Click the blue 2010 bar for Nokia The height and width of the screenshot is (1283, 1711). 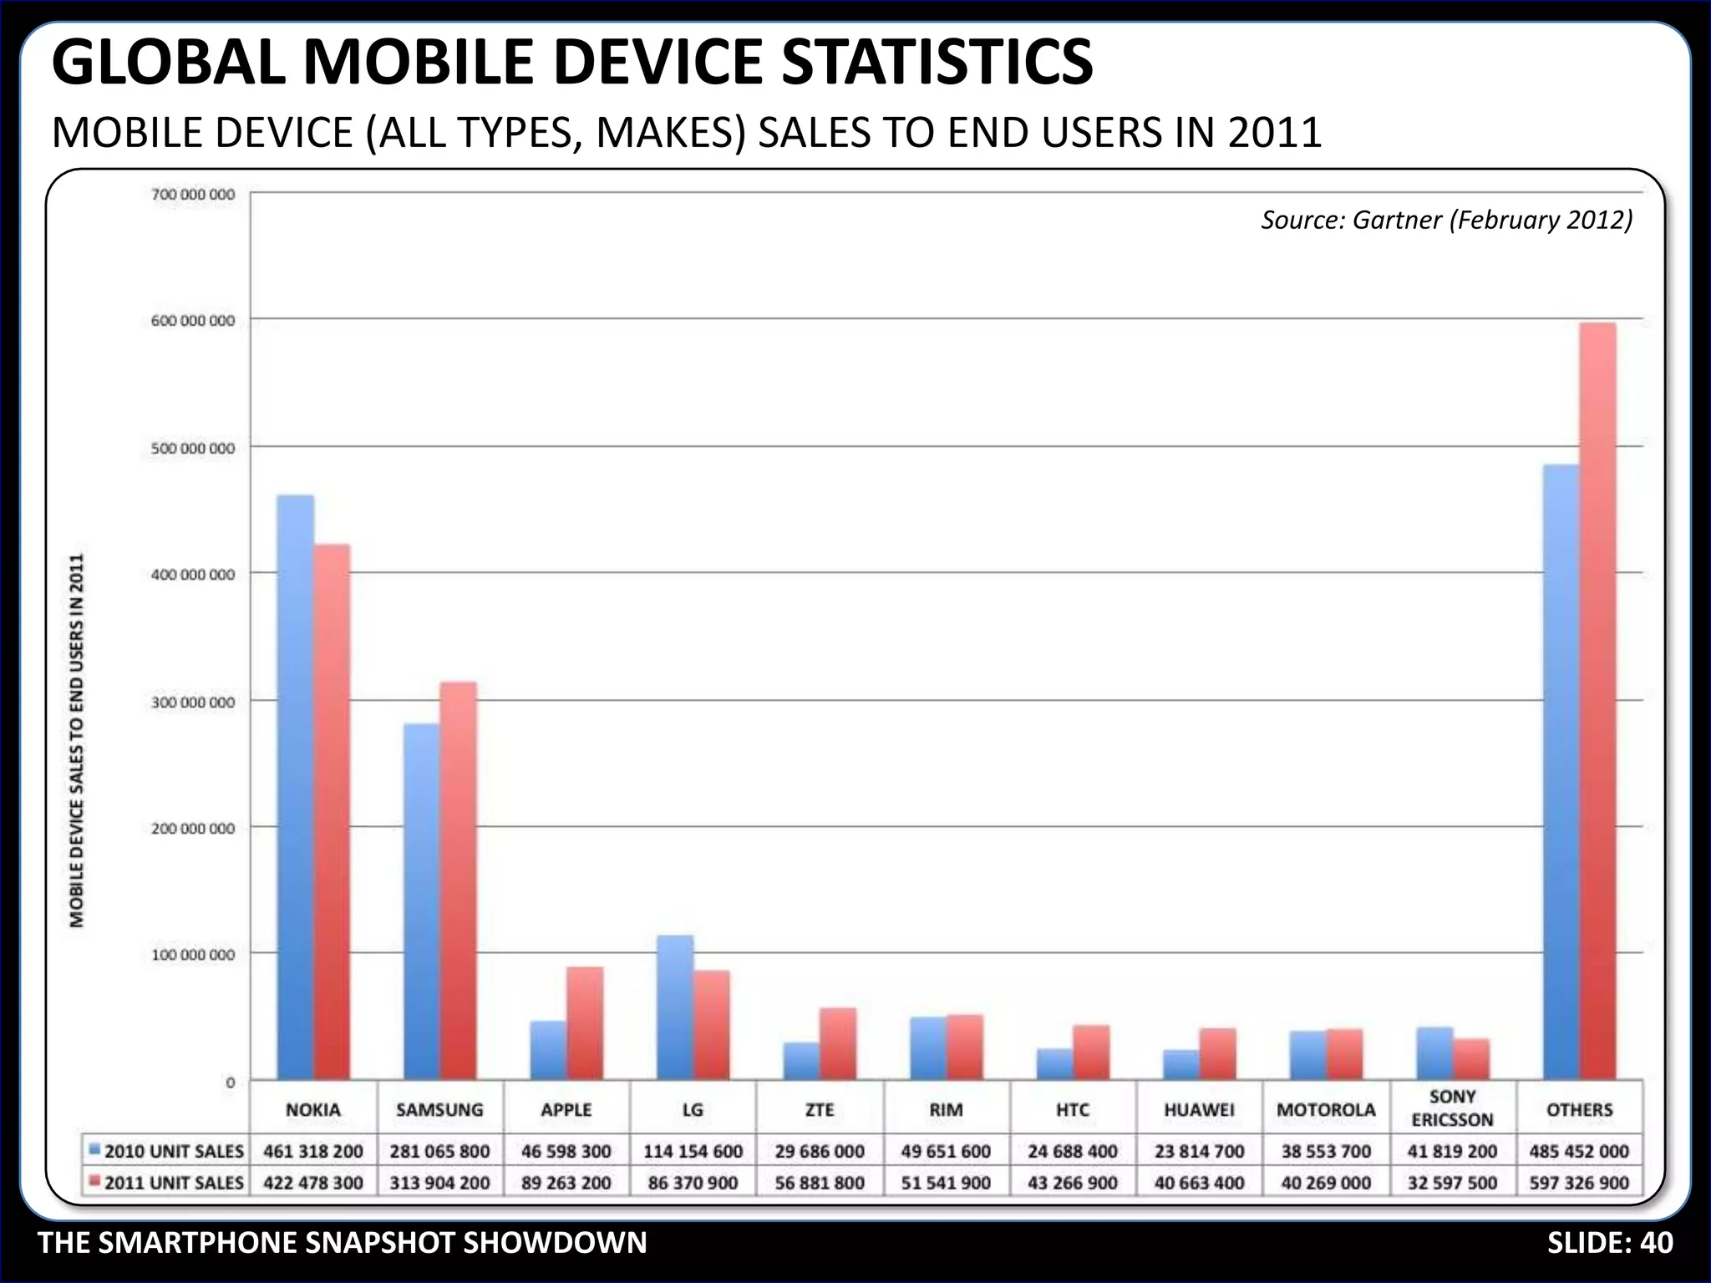click(x=295, y=785)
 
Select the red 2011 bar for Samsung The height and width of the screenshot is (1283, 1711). click(x=458, y=881)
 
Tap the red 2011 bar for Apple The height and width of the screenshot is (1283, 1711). click(x=585, y=1023)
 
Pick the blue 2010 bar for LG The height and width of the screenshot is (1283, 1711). click(x=674, y=1007)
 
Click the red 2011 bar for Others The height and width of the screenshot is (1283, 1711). click(x=1597, y=702)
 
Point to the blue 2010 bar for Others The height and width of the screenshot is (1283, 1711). click(x=1561, y=773)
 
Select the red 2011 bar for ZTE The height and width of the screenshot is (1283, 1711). click(x=838, y=1044)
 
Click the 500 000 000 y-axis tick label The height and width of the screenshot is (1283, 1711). click(x=193, y=449)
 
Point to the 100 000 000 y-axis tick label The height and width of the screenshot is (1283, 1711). click(x=193, y=955)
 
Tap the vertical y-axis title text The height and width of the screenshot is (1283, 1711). click(x=77, y=740)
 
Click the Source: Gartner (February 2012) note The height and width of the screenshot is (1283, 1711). click(x=1446, y=220)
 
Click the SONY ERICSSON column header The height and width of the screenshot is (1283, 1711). click(x=1452, y=1108)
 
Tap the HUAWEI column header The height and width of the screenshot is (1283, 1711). click(x=1199, y=1110)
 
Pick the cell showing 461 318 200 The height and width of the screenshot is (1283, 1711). click(x=313, y=1151)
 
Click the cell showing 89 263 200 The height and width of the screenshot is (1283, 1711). click(x=566, y=1183)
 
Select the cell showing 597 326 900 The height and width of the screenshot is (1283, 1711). click(x=1579, y=1183)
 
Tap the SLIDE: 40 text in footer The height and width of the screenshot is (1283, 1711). click(x=1609, y=1243)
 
